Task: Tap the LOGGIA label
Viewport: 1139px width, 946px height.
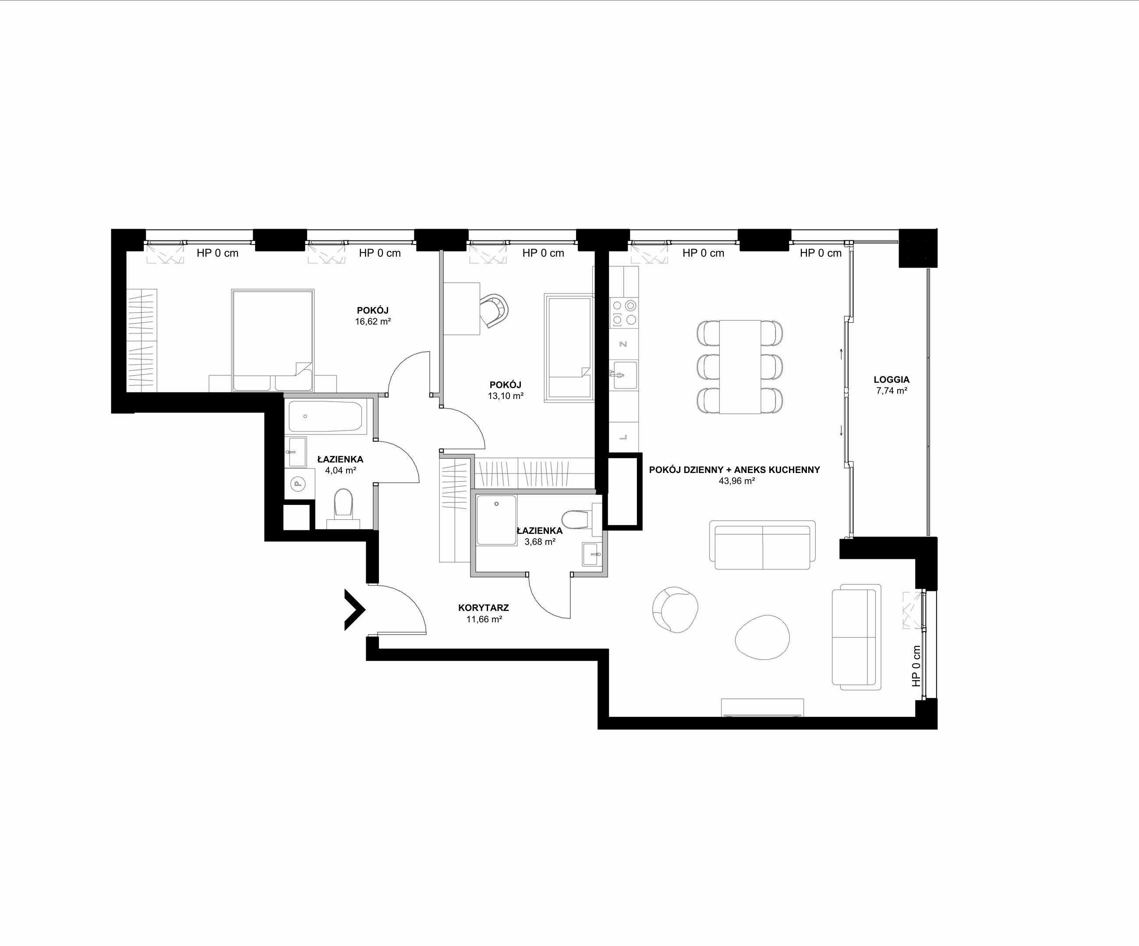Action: [x=891, y=379]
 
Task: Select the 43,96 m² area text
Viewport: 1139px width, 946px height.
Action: [x=736, y=481]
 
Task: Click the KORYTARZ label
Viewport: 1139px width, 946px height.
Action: [x=483, y=608]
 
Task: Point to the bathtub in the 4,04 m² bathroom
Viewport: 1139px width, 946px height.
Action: [x=325, y=417]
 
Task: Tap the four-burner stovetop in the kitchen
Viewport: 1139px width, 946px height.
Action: [x=624, y=313]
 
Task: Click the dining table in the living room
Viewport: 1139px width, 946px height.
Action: [x=740, y=367]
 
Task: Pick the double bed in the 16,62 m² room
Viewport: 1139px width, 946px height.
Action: [x=273, y=340]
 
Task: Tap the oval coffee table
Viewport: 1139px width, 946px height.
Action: [x=762, y=637]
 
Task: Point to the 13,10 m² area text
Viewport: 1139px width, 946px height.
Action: [x=506, y=396]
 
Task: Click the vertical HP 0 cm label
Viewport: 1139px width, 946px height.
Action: [x=916, y=666]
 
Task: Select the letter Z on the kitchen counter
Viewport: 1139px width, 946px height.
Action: [x=624, y=344]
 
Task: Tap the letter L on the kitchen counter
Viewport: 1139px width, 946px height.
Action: [x=624, y=438]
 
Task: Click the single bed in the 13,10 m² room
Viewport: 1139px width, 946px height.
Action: [x=569, y=347]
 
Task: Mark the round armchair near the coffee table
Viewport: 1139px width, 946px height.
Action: [x=675, y=609]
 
